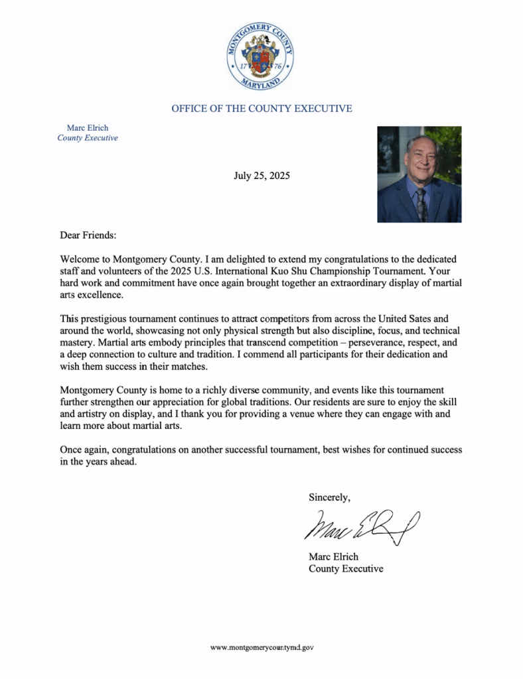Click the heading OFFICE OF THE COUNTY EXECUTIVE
pyautogui.click(x=261, y=108)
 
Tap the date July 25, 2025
pyautogui.click(x=261, y=176)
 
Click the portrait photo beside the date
pyautogui.click(x=419, y=174)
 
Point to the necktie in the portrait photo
pyautogui.click(x=421, y=202)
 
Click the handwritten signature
pyautogui.click(x=362, y=526)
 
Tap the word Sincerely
pyautogui.click(x=329, y=497)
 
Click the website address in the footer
pyautogui.click(x=261, y=647)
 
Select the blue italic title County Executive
pyautogui.click(x=88, y=138)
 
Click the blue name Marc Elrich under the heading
pyautogui.click(x=88, y=127)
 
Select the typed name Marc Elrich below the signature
pyautogui.click(x=333, y=556)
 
